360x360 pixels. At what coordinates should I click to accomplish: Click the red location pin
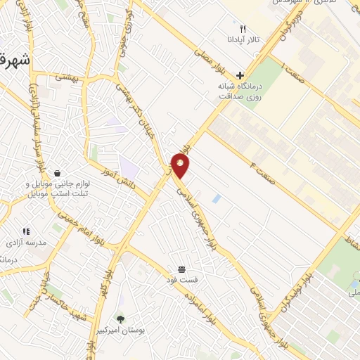pyautogui.click(x=181, y=165)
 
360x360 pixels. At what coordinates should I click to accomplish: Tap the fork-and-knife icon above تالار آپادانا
pyautogui.click(x=243, y=30)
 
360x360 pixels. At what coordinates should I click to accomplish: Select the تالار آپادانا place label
pyautogui.click(x=243, y=41)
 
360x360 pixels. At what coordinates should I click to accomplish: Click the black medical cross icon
pyautogui.click(x=240, y=75)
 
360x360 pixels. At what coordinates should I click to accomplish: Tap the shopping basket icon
pyautogui.click(x=57, y=173)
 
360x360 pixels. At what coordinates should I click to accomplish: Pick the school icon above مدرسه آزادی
pyautogui.click(x=26, y=231)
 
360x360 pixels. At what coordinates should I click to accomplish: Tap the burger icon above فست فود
pyautogui.click(x=181, y=269)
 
